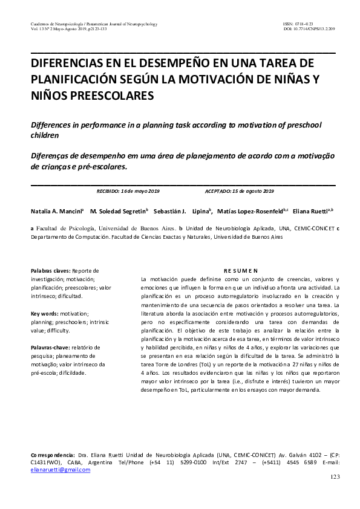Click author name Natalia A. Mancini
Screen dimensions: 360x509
click(x=56, y=212)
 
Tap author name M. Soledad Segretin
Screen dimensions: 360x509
click(x=117, y=212)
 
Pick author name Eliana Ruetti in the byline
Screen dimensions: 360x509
click(x=310, y=212)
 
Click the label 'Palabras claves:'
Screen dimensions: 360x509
click(x=50, y=270)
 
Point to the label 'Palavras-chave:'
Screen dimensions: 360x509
click(x=51, y=348)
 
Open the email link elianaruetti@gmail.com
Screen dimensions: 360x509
click(x=60, y=469)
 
